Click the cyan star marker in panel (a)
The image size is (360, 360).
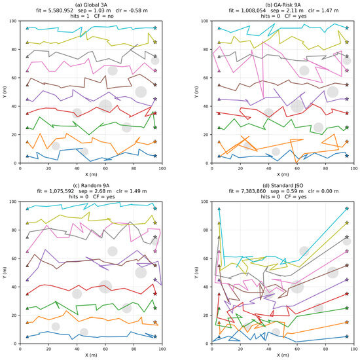click(155, 28)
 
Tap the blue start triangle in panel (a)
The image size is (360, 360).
click(27, 156)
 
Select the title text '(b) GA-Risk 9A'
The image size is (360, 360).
click(283, 5)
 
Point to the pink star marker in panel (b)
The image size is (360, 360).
click(347, 71)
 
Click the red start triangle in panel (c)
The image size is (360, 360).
click(27, 294)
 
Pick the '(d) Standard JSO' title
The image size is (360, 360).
click(283, 185)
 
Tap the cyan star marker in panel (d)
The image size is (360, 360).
click(347, 209)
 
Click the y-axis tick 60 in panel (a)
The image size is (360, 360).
click(14, 78)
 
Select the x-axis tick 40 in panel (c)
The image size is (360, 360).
click(77, 349)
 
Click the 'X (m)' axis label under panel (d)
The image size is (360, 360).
click(283, 355)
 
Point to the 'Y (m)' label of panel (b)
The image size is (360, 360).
click(196, 92)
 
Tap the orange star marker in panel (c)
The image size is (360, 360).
click(155, 322)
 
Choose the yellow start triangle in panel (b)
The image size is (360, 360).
click(219, 43)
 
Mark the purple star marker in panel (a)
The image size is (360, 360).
click(155, 99)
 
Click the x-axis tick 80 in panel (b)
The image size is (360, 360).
click(325, 168)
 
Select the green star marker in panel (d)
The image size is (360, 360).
click(347, 308)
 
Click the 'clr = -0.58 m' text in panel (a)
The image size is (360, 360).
click(132, 10)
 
